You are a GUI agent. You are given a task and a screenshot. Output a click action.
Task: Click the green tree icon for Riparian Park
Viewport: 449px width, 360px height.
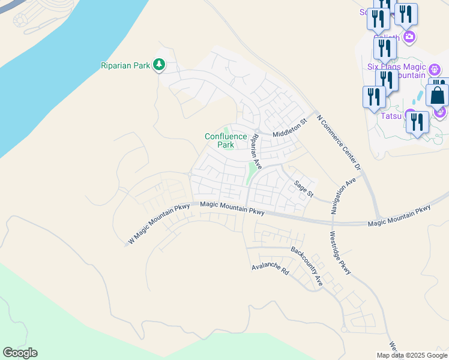[x=158, y=64]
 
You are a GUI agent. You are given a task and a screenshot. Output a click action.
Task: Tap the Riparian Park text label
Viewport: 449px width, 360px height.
[x=125, y=65]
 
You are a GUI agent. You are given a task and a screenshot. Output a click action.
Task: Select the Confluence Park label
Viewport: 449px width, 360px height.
[x=226, y=140]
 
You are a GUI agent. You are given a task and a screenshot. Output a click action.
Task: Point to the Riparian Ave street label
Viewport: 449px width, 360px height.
[x=256, y=151]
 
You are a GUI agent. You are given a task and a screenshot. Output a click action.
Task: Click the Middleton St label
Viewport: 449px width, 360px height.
[x=289, y=127]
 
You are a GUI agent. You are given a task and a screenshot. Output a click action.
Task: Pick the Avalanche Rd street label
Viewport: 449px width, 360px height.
[x=270, y=268]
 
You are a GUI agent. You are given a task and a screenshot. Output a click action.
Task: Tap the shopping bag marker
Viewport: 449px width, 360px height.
[x=438, y=95]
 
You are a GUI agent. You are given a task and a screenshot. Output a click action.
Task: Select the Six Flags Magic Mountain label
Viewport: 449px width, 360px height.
[x=396, y=70]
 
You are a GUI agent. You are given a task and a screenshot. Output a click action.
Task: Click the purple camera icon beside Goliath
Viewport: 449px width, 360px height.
[x=409, y=37]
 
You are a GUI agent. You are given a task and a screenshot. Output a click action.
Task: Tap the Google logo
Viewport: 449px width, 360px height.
[x=20, y=353]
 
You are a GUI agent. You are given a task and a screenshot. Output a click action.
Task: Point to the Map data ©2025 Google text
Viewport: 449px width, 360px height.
[x=412, y=355]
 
